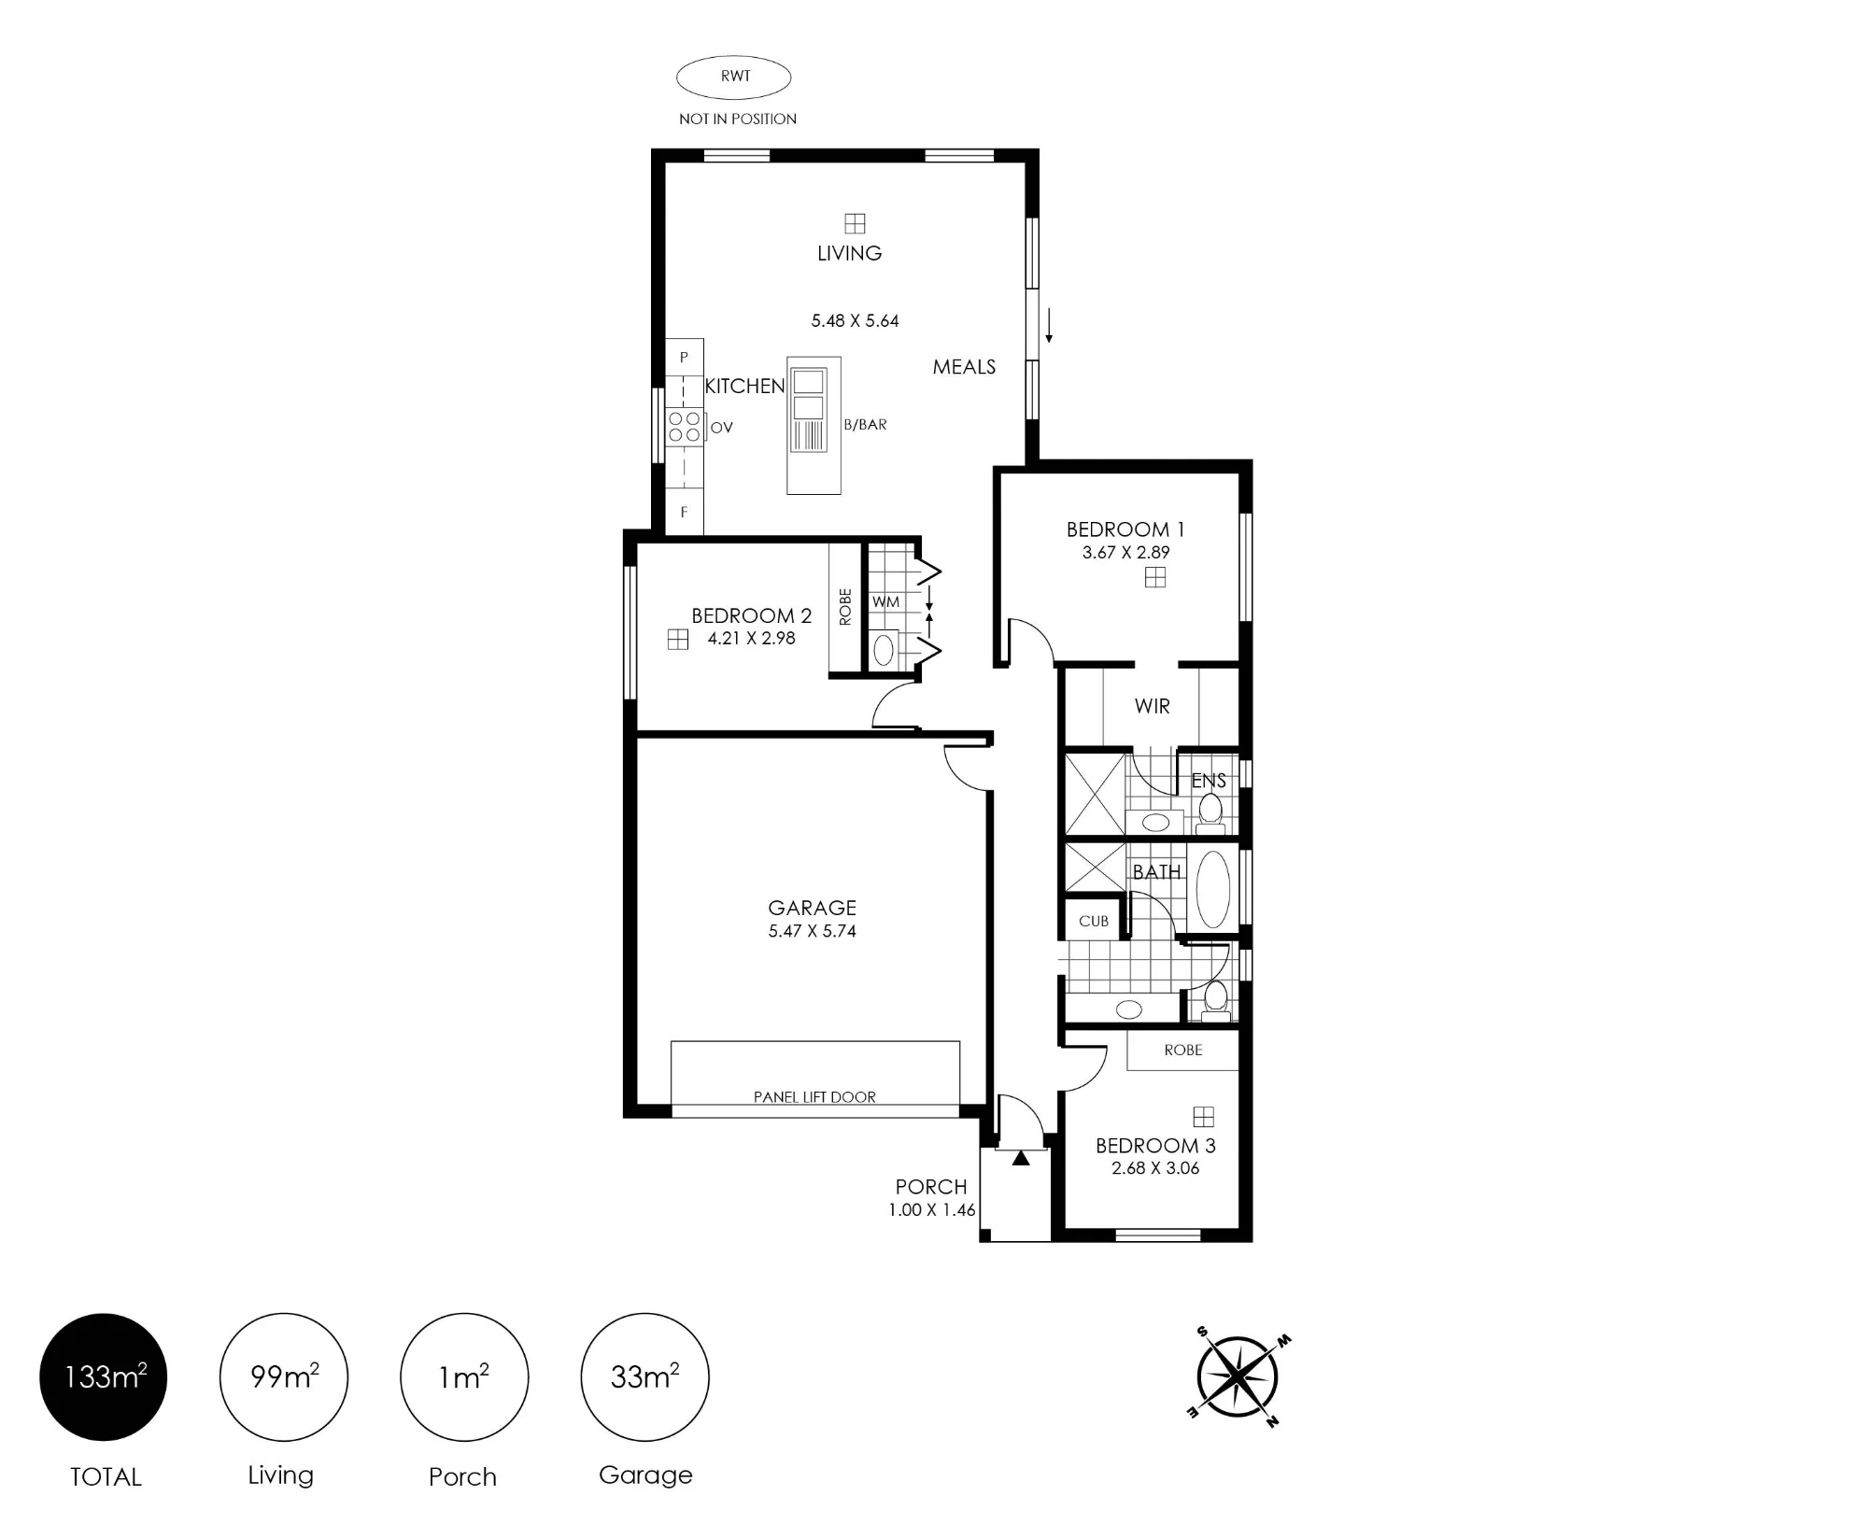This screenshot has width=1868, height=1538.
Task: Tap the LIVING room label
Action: click(x=849, y=253)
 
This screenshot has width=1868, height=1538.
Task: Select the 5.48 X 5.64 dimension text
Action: click(x=855, y=321)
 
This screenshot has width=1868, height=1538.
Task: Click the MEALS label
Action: click(x=964, y=367)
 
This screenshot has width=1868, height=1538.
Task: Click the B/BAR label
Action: click(x=865, y=425)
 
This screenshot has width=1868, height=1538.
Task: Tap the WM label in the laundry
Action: click(x=885, y=602)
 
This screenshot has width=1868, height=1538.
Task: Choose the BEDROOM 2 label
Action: click(x=751, y=616)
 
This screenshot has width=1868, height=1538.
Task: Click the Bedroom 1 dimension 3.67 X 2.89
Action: click(x=1125, y=553)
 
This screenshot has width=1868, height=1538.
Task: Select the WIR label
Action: click(x=1152, y=707)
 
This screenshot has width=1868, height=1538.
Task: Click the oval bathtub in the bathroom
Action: click(x=1212, y=889)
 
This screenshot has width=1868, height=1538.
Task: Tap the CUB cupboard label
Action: click(x=1093, y=922)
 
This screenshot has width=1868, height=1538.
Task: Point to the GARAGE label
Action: click(x=812, y=908)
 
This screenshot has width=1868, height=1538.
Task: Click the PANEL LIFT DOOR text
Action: click(x=814, y=1097)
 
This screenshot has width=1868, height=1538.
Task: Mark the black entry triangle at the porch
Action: click(x=1021, y=1158)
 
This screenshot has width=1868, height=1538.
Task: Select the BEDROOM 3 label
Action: click(x=1155, y=1146)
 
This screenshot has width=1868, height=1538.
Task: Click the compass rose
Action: click(x=1238, y=1377)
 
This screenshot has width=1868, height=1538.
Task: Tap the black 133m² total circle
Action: click(x=103, y=1377)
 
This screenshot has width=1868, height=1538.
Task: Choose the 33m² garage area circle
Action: click(x=644, y=1377)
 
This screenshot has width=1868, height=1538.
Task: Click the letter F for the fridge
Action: click(x=684, y=513)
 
